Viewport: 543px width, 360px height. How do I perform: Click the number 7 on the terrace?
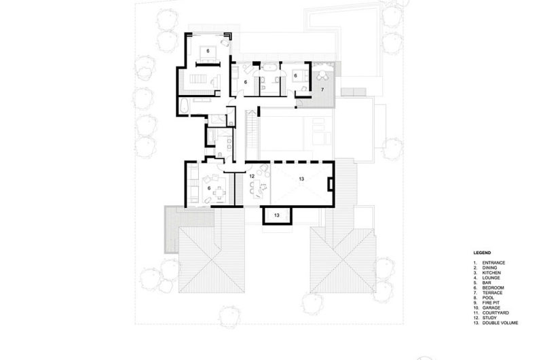[x=322, y=90]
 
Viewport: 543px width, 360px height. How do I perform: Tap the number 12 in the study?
[x=252, y=177]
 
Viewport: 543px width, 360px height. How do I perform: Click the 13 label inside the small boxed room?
[x=277, y=215]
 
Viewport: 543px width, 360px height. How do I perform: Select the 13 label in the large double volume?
[x=301, y=179]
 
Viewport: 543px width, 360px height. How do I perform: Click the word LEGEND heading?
[x=482, y=253]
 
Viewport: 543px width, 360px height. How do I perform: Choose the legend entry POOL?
[x=488, y=298]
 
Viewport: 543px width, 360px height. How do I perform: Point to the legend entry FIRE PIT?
[x=491, y=303]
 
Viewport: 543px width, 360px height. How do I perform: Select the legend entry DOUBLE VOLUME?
[x=500, y=323]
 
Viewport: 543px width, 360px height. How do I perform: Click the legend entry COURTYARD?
[x=495, y=313]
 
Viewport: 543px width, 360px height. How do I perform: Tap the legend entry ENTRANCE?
[x=493, y=263]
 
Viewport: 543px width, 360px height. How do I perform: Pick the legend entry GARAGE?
[x=491, y=308]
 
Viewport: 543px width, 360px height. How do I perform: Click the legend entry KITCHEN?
[x=491, y=272]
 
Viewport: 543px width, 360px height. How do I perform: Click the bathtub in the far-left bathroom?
[x=183, y=105]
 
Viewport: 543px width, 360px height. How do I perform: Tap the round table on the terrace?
[x=323, y=74]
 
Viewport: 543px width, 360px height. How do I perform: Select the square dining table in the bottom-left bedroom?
[x=219, y=192]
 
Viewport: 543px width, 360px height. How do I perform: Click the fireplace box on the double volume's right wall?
[x=331, y=183]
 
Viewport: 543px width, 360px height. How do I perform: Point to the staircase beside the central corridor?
[x=252, y=134]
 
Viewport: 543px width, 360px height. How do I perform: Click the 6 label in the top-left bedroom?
[x=208, y=51]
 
